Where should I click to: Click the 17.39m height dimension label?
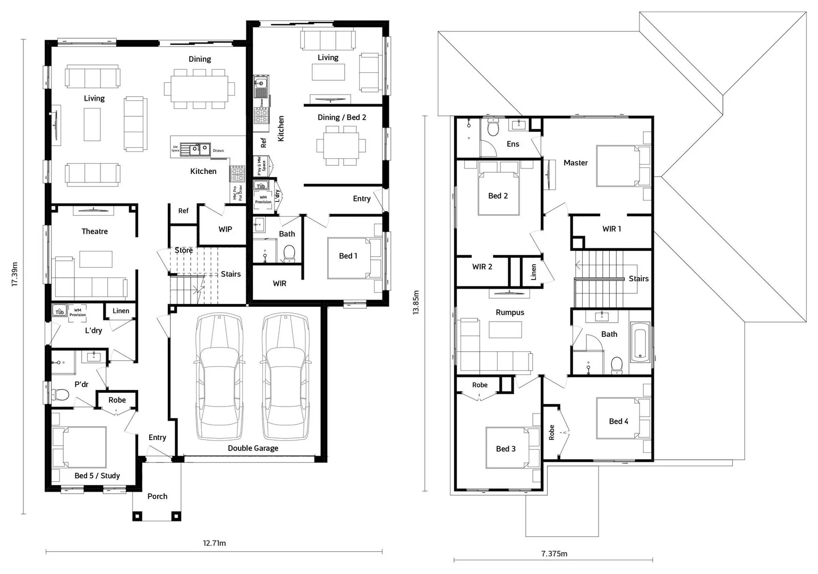15,274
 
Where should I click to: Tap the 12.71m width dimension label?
214,543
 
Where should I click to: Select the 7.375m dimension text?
554,553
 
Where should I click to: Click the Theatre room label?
95,231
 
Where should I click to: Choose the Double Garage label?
253,448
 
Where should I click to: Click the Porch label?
157,496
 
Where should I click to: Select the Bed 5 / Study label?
97,476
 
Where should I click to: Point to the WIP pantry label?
225,229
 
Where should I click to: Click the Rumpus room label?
510,313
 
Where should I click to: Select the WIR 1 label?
611,229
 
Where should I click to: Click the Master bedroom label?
576,163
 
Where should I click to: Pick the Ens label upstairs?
513,143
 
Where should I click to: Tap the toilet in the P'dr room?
60,394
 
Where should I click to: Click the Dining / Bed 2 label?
342,117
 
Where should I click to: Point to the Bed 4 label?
618,421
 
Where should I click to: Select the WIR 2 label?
482,267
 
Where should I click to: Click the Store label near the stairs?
184,250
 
